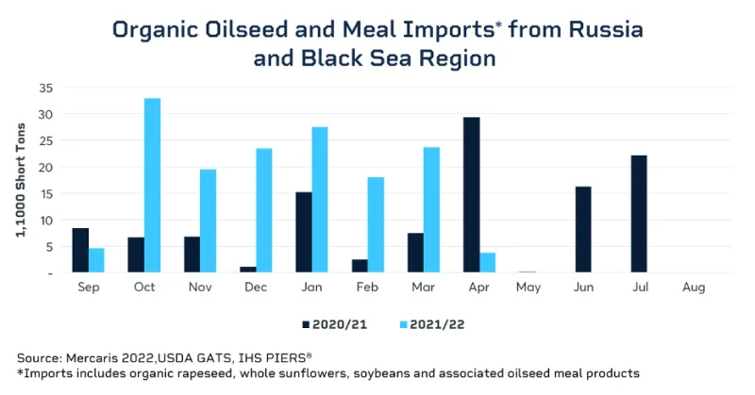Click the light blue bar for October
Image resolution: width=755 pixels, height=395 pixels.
pos(152,185)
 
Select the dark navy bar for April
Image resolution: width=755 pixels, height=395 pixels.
pos(472,195)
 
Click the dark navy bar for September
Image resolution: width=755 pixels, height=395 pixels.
pos(80,250)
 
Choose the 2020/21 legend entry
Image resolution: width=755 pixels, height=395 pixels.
pos(334,323)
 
